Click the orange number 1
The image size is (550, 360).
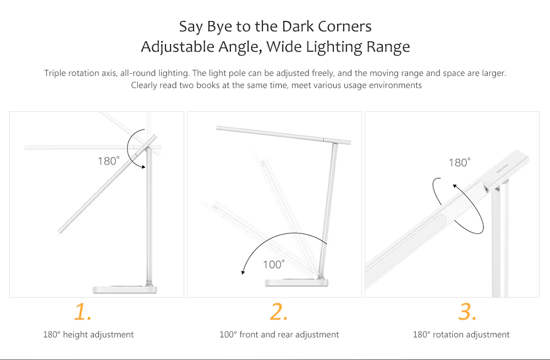pos(83,312)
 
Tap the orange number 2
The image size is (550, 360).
pos(279,312)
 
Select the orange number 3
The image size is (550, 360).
pos(468,312)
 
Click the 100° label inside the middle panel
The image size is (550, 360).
pos(273,264)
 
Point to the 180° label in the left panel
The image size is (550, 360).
pos(108,161)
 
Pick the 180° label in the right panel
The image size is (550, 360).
pos(459,162)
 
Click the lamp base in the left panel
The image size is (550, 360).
pos(124,289)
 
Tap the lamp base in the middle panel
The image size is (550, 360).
pos(297,282)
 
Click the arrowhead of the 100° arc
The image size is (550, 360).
pos(243,271)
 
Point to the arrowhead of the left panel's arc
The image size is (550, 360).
pos(143,166)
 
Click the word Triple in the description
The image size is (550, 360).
pos(54,73)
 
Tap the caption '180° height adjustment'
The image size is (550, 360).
pos(89,334)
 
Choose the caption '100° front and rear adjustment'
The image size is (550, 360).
pos(279,334)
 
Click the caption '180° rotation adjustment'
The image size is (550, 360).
pos(461,334)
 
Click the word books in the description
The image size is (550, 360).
pos(207,85)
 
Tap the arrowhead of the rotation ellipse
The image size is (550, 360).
pos(455,187)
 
